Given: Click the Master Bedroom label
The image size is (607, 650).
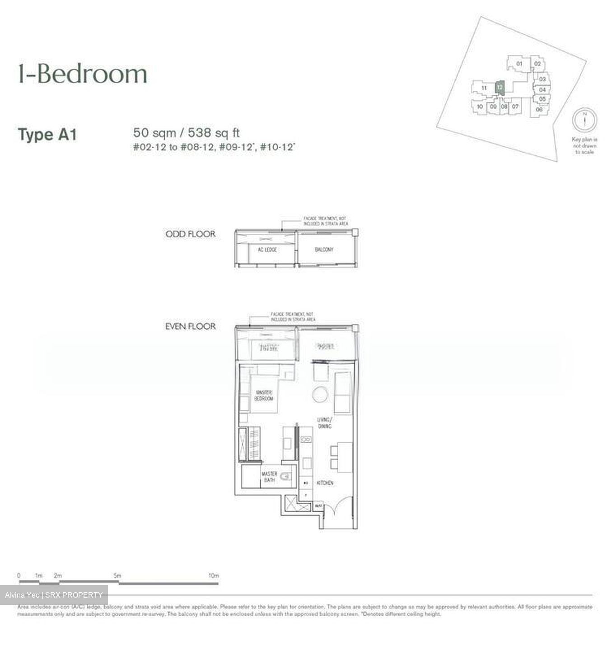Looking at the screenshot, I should [264, 396].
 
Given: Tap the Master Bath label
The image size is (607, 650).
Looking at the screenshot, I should [269, 477].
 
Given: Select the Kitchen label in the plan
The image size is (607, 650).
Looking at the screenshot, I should [325, 483].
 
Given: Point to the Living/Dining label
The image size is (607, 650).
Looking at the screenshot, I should [324, 423].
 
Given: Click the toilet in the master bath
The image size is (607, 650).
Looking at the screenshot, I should [286, 476].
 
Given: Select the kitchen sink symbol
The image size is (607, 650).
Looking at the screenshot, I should [307, 439].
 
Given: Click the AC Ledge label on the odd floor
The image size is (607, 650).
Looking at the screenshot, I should [267, 250].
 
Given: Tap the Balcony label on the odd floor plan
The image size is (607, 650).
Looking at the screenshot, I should [324, 250].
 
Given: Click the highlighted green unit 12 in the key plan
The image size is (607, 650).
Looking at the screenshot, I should [500, 87].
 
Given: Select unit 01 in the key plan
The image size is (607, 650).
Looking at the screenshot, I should [519, 64].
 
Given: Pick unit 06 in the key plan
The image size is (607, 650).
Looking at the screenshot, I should [539, 109].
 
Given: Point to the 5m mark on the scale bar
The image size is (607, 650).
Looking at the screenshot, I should [117, 576].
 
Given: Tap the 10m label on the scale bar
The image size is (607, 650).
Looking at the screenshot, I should [213, 576].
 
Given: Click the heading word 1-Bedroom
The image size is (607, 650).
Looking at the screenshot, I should [83, 74].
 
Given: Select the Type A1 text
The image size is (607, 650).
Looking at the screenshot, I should [47, 135].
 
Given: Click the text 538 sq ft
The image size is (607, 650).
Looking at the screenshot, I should [214, 133].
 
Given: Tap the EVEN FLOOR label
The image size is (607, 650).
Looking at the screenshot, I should [190, 326].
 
